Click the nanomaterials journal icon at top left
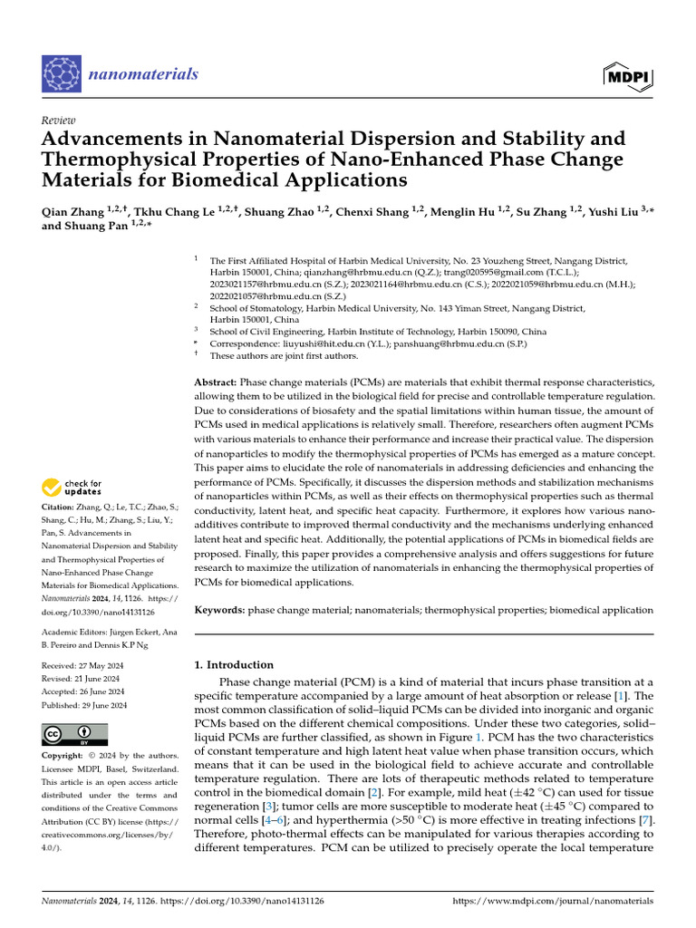(63, 74)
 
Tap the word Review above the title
(59, 121)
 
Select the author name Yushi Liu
(591, 212)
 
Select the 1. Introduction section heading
(235, 664)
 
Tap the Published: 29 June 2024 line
(85, 705)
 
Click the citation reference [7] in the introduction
(646, 819)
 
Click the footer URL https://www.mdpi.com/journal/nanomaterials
(552, 902)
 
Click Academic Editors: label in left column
(74, 631)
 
